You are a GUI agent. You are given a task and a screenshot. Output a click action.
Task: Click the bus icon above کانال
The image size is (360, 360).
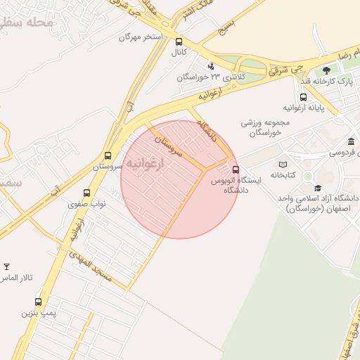(x=179, y=41)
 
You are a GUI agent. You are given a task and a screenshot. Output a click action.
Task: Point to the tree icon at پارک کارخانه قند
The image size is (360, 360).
(x=326, y=70)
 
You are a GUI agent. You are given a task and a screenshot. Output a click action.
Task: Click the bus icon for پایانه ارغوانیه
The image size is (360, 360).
(x=303, y=97)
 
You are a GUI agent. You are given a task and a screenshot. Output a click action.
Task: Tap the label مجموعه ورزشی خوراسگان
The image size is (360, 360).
(x=261, y=127)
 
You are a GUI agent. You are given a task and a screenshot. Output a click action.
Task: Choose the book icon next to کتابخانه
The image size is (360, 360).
(x=283, y=164)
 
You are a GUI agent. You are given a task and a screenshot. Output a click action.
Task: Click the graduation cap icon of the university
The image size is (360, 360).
(x=318, y=188)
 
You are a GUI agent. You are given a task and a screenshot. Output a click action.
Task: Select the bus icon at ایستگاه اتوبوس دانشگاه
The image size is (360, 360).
(x=236, y=169)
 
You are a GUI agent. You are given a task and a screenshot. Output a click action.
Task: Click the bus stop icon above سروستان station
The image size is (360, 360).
(x=108, y=156)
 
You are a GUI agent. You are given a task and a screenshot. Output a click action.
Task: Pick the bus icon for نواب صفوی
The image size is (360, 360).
(x=87, y=193)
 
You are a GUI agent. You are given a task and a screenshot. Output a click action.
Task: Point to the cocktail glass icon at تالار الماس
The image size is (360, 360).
(x=7, y=266)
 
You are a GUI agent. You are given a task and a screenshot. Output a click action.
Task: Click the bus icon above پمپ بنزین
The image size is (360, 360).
(x=38, y=302)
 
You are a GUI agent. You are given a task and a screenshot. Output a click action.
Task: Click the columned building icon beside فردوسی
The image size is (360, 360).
(x=351, y=141)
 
